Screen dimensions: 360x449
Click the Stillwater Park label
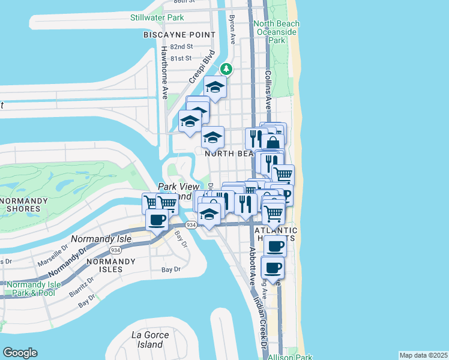(157, 17)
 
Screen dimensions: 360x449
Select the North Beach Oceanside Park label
(277, 32)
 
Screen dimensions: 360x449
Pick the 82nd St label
(181, 46)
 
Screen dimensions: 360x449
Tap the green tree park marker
(226, 68)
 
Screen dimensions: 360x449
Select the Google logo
(20, 353)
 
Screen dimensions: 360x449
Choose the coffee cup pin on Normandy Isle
(157, 220)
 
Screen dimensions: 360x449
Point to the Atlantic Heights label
(276, 234)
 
